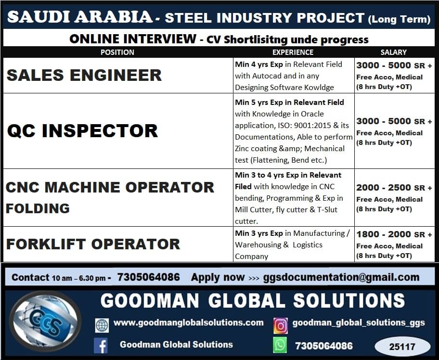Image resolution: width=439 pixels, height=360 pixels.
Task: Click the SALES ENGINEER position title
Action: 84,75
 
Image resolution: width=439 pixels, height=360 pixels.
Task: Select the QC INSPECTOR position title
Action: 82,130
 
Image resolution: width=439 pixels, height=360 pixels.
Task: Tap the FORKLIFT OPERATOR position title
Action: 93,244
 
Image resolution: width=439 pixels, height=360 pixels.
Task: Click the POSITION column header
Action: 117,52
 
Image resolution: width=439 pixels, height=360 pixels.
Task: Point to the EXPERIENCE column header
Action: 293,52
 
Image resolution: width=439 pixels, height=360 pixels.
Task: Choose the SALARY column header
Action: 393,52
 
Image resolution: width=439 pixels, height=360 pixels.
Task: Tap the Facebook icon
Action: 102,345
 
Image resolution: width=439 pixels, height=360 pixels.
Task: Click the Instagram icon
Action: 280,325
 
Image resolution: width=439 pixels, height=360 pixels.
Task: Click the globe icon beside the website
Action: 102,325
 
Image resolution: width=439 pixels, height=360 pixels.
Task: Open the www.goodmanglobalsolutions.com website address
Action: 188,323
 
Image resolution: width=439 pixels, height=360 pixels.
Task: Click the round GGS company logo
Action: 46,321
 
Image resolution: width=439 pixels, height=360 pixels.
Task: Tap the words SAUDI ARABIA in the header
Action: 80,17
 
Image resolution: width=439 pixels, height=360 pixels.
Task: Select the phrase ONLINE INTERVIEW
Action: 132,39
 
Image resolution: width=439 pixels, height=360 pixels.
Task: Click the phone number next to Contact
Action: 148,277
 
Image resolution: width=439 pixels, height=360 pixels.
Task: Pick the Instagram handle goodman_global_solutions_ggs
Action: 359,323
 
